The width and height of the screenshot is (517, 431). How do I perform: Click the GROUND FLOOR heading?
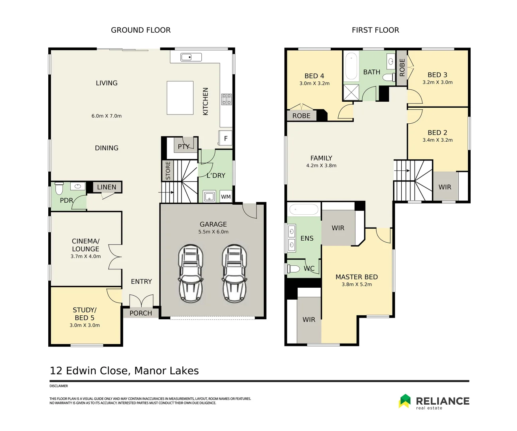point(140,30)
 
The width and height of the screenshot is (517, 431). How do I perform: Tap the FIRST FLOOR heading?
point(375,30)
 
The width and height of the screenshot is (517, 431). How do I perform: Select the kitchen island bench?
point(180,98)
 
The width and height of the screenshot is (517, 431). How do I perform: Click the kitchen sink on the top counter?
point(186,57)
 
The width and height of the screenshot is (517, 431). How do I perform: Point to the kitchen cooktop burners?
point(227,99)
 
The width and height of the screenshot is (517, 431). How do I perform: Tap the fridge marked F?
point(225,138)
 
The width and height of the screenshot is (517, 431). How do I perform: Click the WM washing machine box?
point(226,197)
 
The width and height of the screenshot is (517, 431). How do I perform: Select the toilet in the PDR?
point(59,188)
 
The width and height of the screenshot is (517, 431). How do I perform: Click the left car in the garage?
point(191,273)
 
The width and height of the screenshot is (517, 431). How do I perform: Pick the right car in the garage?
point(235,273)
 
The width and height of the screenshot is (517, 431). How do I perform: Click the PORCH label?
point(141,313)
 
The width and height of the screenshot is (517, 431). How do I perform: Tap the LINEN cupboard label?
point(107,187)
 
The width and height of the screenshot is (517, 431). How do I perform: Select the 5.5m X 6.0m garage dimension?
point(213,232)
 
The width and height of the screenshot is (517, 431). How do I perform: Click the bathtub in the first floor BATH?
point(351,66)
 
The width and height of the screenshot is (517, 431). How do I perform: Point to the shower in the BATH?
point(351,92)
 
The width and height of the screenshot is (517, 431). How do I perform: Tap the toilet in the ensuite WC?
point(294,268)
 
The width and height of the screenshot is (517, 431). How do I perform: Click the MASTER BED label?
point(356,277)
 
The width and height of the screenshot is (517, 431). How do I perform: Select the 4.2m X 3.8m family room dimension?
point(321,166)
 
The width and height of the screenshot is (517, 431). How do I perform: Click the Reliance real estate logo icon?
point(405,401)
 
